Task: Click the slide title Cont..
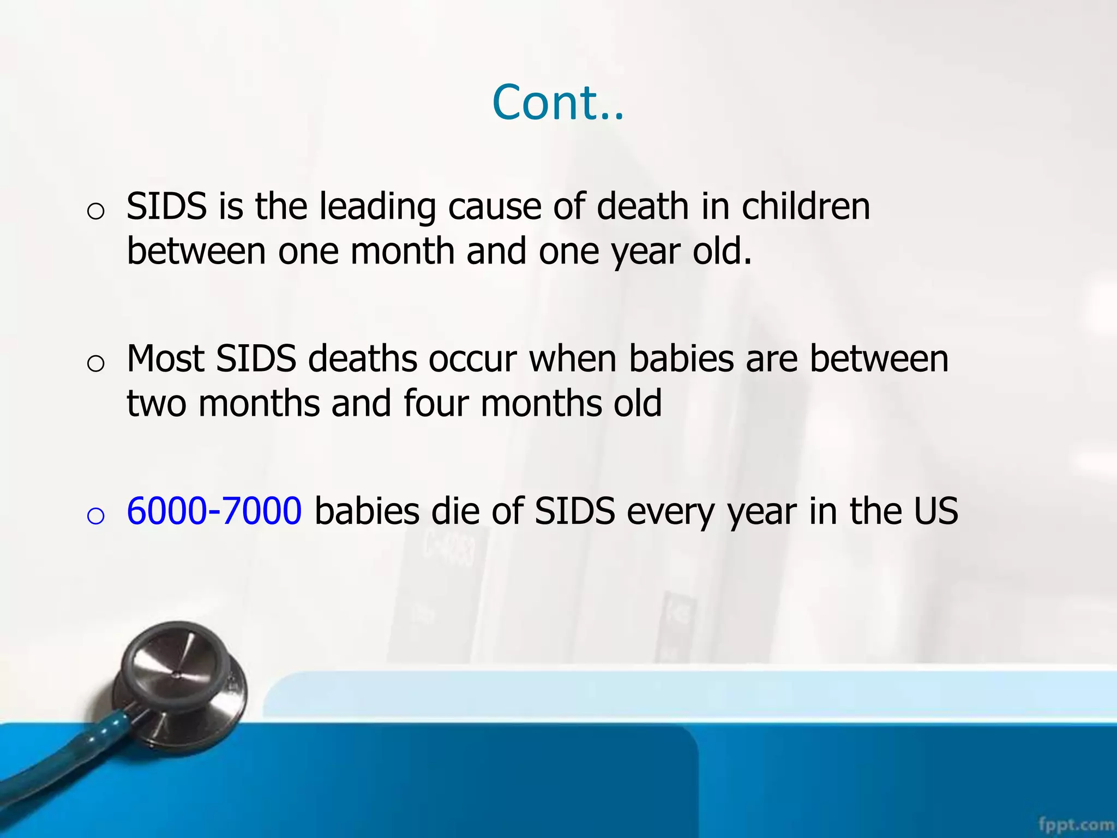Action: click(x=557, y=103)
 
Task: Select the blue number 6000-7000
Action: click(x=214, y=511)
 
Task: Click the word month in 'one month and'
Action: click(x=403, y=252)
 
